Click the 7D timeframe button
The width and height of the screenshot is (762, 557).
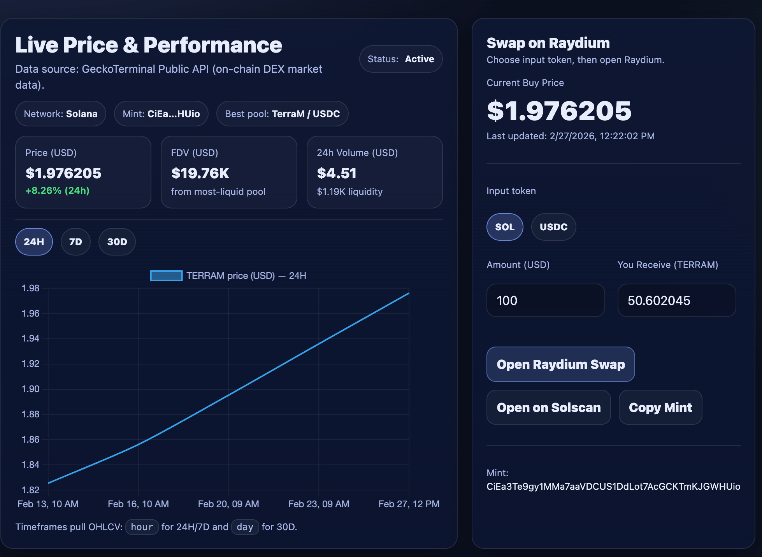(x=75, y=242)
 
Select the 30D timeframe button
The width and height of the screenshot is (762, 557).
(x=117, y=242)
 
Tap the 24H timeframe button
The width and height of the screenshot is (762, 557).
(x=34, y=242)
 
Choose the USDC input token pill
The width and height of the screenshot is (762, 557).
(x=553, y=227)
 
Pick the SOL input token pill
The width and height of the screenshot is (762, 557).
(x=505, y=227)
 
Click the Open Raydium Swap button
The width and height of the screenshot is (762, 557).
(x=561, y=364)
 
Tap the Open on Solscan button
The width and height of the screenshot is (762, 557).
(x=549, y=407)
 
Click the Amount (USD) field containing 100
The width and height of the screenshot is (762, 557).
(x=546, y=300)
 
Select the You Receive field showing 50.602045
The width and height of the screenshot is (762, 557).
(x=677, y=300)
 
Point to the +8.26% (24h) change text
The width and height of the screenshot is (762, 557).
(x=57, y=191)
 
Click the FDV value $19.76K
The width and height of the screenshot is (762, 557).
(x=200, y=173)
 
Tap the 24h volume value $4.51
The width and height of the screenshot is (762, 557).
(x=337, y=173)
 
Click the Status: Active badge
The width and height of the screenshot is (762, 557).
(x=401, y=59)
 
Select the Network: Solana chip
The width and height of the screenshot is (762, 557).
(x=61, y=114)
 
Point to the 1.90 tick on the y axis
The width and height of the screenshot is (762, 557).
(x=30, y=389)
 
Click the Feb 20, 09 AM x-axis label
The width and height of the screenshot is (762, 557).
(x=228, y=504)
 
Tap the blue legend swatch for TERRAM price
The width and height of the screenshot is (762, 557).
(x=166, y=276)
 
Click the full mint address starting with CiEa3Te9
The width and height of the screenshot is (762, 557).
(x=613, y=487)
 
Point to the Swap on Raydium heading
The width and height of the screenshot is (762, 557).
(x=548, y=43)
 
